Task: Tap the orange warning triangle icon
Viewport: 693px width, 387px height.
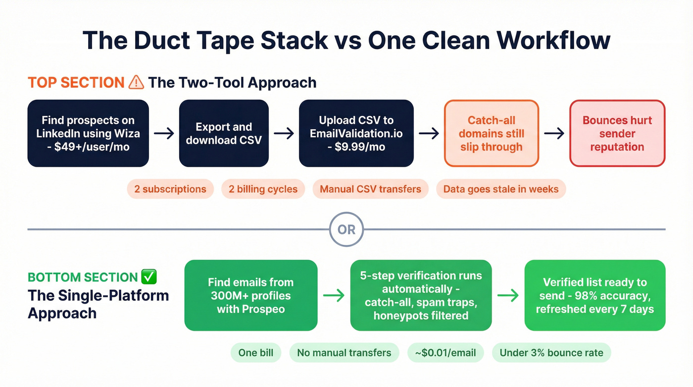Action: tap(136, 82)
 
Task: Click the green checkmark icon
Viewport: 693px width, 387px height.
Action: tap(149, 277)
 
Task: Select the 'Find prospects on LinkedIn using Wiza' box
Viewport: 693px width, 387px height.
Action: tap(88, 133)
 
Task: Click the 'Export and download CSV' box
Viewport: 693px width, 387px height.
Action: tap(224, 133)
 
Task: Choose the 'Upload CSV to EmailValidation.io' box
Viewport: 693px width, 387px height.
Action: tap(356, 133)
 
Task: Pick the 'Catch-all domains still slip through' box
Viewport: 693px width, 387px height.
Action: tap(491, 133)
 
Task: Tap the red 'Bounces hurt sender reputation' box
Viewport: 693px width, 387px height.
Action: tap(617, 133)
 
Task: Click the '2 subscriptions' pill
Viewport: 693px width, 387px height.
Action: tap(170, 189)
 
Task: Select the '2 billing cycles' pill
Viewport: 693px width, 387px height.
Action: tap(263, 189)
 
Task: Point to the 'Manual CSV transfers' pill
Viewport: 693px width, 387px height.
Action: tap(370, 189)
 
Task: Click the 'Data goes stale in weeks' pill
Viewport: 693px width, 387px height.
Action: tap(500, 189)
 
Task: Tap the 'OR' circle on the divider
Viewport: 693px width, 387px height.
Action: tap(346, 230)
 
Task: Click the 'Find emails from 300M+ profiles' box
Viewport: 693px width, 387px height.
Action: tap(250, 295)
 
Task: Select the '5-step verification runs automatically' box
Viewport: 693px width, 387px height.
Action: tap(421, 295)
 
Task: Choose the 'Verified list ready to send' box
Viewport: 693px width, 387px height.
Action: tap(594, 295)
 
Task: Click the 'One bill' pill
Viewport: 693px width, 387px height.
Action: tap(255, 353)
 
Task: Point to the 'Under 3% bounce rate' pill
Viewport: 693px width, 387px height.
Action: tap(551, 353)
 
